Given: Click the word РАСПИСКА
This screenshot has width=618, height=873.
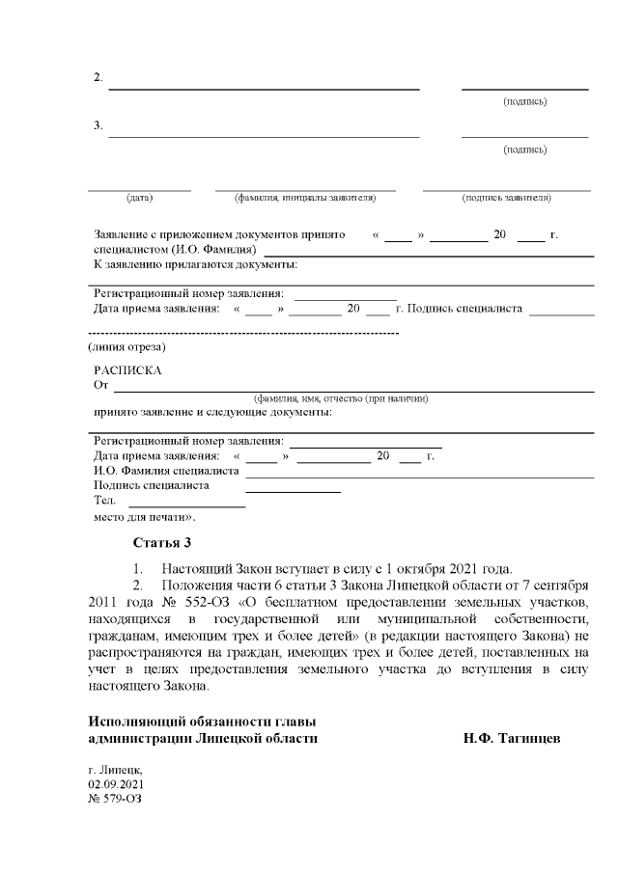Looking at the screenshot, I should pos(127,370).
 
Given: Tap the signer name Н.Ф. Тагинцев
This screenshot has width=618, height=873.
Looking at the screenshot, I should pos(512,738).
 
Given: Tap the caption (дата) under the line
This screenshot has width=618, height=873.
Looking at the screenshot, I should pos(139,198).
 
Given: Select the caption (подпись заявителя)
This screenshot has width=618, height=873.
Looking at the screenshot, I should pos(507,198).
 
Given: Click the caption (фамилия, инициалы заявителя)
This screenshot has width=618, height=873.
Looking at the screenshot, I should pos(304,198).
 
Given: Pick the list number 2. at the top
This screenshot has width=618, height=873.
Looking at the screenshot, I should pos(98,77).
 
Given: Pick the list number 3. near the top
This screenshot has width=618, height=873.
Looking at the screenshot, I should pos(98,125).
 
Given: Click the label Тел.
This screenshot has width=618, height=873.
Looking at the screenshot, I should pos(104,501).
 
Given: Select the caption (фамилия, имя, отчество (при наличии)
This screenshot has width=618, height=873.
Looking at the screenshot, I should pos(340,398).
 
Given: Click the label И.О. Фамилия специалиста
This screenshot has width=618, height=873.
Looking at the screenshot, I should pos(166,471).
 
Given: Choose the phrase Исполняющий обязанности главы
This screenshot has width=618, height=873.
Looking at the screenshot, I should pos(202,722).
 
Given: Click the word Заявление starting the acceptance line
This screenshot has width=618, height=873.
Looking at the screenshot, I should pos(125,235).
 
